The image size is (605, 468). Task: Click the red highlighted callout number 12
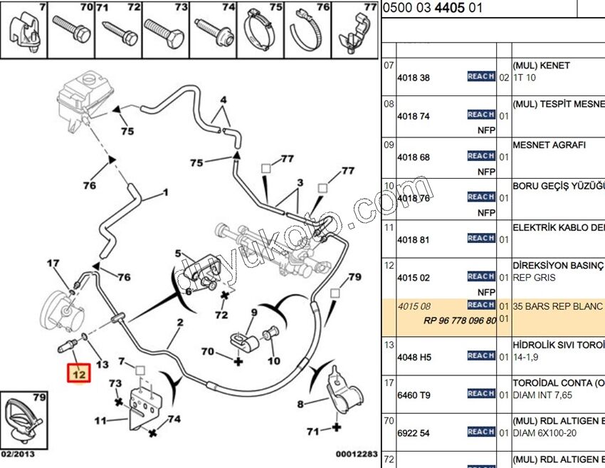coord(78,373)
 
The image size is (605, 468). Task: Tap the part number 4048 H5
coord(414,357)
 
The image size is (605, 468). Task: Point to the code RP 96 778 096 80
coord(459,321)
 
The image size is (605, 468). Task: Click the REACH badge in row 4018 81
coord(481,238)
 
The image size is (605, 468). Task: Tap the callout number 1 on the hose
coord(166,192)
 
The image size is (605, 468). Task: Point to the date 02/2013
coord(17,453)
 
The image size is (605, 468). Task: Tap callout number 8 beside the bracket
coord(300,405)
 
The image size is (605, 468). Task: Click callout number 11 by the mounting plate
coord(101,421)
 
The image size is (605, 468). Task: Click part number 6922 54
coord(414,433)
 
